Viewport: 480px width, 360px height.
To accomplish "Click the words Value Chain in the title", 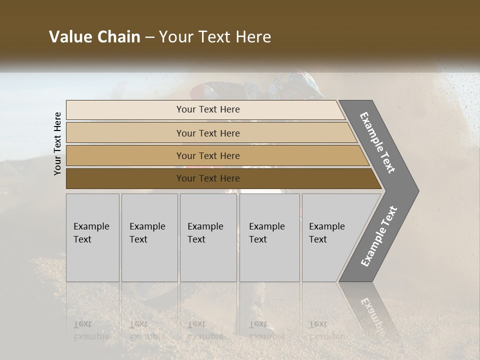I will point(94,37).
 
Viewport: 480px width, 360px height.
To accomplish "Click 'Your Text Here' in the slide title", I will point(215,37).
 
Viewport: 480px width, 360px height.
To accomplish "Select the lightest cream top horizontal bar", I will point(125,110).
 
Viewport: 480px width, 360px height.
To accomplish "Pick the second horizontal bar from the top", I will point(125,133).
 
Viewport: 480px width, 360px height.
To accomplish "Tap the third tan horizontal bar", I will point(125,155).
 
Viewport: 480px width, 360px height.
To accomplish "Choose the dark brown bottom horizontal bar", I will point(125,178).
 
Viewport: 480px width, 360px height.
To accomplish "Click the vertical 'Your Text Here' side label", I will point(57,143).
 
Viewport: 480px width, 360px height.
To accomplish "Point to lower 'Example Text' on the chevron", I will point(378,236).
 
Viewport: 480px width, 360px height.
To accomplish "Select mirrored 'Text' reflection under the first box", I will point(83,324).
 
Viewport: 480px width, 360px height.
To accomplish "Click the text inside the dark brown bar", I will point(208,178).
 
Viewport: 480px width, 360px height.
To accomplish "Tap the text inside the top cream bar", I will point(208,109).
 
